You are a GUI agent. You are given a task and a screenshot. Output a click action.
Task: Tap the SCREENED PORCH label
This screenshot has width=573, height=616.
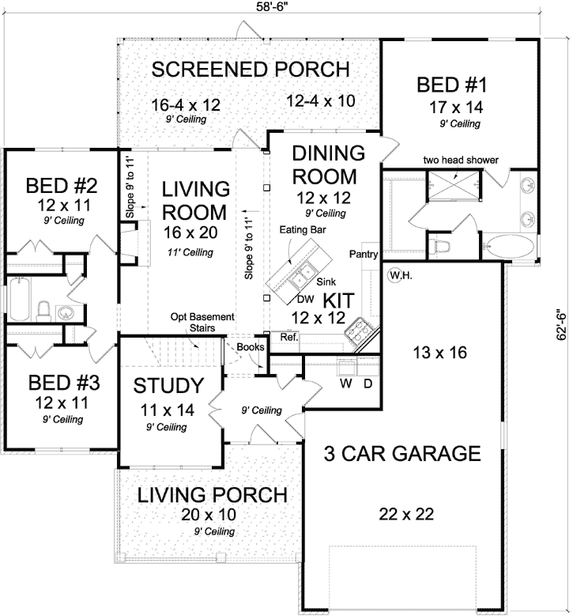click(250, 69)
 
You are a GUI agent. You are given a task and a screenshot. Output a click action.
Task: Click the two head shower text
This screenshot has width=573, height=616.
click(462, 160)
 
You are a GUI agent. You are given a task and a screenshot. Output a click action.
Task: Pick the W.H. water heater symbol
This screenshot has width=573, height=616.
click(397, 275)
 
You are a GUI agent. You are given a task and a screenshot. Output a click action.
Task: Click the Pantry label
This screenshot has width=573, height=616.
click(364, 255)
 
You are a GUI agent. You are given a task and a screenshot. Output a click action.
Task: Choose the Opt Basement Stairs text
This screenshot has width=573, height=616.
click(203, 323)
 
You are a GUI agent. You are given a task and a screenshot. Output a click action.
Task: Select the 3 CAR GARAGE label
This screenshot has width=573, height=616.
click(402, 453)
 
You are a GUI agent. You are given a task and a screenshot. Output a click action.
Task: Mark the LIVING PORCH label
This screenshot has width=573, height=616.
click(212, 496)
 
